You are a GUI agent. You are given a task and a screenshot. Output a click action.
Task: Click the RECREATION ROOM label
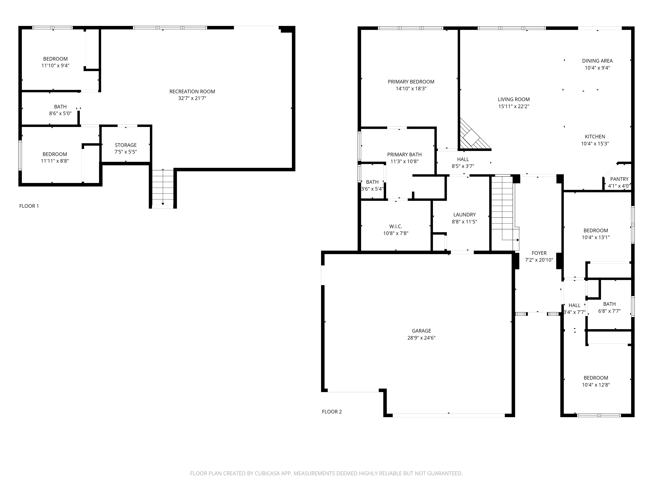192,92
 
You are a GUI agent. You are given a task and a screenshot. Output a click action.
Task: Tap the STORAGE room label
126,145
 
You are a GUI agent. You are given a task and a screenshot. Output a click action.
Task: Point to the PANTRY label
619,179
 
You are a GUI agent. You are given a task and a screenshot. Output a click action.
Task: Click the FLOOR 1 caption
29,206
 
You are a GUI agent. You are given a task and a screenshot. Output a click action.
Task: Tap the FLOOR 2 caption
332,411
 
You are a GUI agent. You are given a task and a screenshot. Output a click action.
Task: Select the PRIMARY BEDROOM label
411,82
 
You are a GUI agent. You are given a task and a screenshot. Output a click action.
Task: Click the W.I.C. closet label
396,227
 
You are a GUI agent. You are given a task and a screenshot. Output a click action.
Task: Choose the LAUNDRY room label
464,215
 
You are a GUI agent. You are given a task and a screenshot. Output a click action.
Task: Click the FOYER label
539,253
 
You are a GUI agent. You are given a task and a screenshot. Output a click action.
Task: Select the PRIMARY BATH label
404,155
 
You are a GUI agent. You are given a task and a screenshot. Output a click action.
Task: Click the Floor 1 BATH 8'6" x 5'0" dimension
60,113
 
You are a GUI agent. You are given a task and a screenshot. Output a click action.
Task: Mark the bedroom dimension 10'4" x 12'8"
596,385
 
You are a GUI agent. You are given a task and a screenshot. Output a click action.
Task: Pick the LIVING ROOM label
514,99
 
